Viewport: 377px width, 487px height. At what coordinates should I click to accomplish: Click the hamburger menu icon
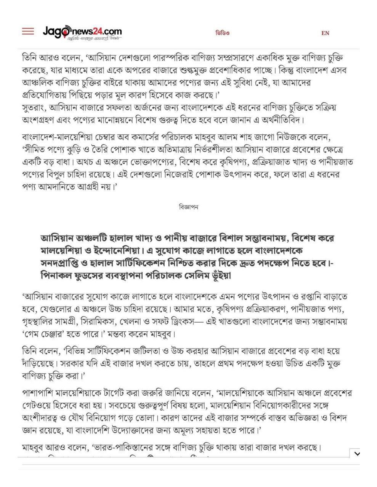[x=28, y=32]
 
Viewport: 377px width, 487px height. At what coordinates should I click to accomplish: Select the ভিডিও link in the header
[x=223, y=33]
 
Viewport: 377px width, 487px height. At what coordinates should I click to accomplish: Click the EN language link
[x=325, y=33]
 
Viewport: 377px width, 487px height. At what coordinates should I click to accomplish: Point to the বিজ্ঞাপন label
[x=188, y=207]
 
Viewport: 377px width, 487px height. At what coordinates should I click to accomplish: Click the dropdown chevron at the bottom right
[x=356, y=453]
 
